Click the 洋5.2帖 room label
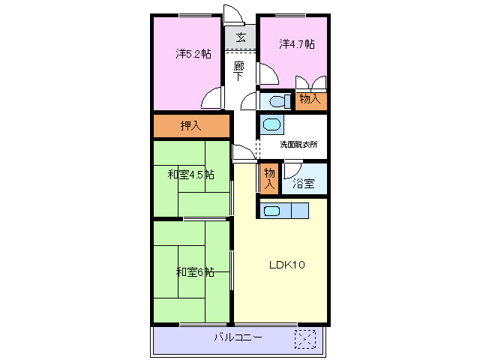[193, 54]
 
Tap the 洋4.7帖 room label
[297, 44]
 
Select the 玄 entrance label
[241, 37]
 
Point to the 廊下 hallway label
[238, 70]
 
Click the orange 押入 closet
[191, 126]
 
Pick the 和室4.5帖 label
[190, 175]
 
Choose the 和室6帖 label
[195, 271]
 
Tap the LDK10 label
[286, 265]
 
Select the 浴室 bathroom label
[304, 181]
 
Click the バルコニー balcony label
[238, 337]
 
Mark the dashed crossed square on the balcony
[305, 338]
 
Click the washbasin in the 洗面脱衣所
[271, 125]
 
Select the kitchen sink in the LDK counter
[271, 211]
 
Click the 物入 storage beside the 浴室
[268, 180]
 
